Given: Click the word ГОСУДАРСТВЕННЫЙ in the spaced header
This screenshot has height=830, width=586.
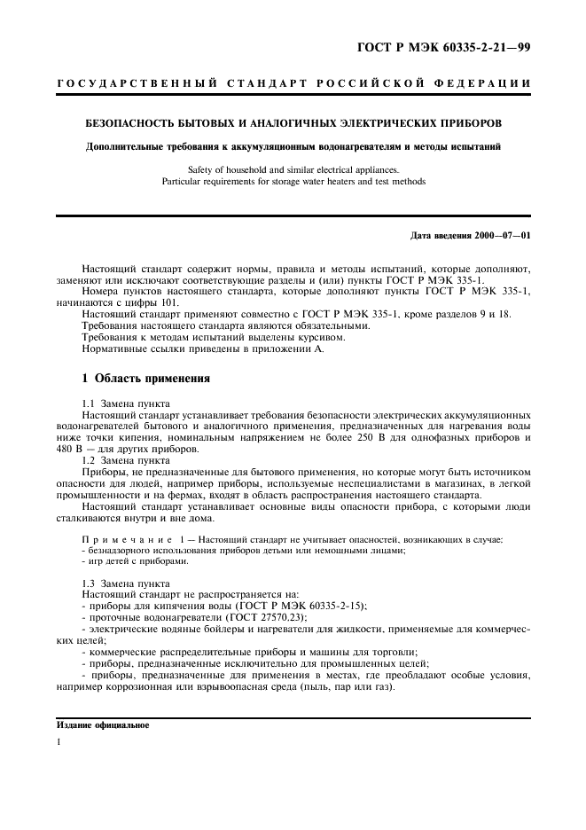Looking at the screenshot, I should click(137, 84).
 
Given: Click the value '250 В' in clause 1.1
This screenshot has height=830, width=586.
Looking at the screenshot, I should click(375, 437).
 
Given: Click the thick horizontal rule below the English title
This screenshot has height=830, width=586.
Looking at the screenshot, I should click(293, 215).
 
